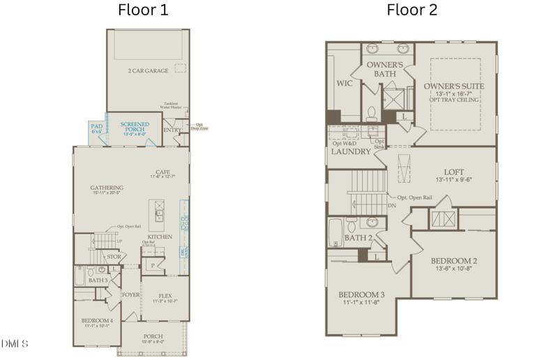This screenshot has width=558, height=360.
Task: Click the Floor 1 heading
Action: (143, 10)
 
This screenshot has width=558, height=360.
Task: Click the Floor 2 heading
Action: (412, 10)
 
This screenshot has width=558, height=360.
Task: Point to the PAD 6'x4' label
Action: (96, 128)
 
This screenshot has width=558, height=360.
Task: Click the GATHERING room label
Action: (107, 189)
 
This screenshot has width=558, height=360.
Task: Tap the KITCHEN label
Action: (160, 237)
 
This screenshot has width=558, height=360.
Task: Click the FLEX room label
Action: (165, 296)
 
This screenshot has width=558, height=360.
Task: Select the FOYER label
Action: (130, 294)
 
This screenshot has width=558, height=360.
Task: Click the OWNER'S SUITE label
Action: (454, 87)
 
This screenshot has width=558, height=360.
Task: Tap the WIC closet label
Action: (344, 82)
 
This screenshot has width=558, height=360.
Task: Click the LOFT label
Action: (454, 172)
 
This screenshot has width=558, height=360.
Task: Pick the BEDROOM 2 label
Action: (453, 261)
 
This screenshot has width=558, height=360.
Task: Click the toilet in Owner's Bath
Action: (371, 114)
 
